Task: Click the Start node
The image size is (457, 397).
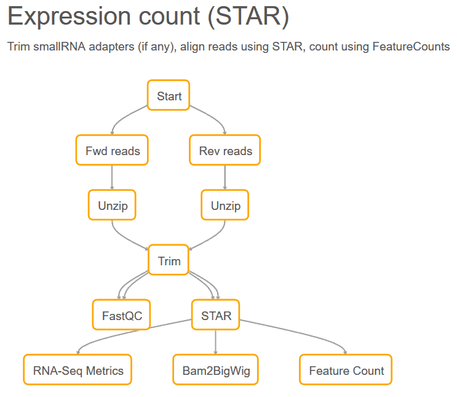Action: pyautogui.click(x=169, y=95)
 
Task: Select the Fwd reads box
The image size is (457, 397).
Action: pyautogui.click(x=112, y=150)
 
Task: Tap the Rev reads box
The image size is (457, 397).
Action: pyautogui.click(x=225, y=150)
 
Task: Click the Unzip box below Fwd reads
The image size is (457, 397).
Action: pyautogui.click(x=112, y=205)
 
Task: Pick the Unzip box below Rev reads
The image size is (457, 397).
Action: pyautogui.click(x=225, y=205)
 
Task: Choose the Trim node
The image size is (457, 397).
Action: pyautogui.click(x=169, y=260)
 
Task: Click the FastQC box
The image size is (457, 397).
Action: pyautogui.click(x=122, y=315)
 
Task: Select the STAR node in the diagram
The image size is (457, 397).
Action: pyautogui.click(x=216, y=315)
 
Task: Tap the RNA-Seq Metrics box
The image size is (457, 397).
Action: pyautogui.click(x=77, y=370)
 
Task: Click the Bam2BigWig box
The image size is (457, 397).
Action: pyautogui.click(x=216, y=370)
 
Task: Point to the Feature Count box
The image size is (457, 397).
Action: pyautogui.click(x=346, y=370)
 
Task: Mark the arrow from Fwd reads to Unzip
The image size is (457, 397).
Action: pyautogui.click(x=112, y=177)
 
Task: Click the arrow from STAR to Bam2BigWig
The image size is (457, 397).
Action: pyautogui.click(x=216, y=342)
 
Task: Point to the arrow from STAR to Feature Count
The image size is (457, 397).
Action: pyautogui.click(x=300, y=332)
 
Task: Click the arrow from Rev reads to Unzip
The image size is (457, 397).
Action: pyautogui.click(x=225, y=177)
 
